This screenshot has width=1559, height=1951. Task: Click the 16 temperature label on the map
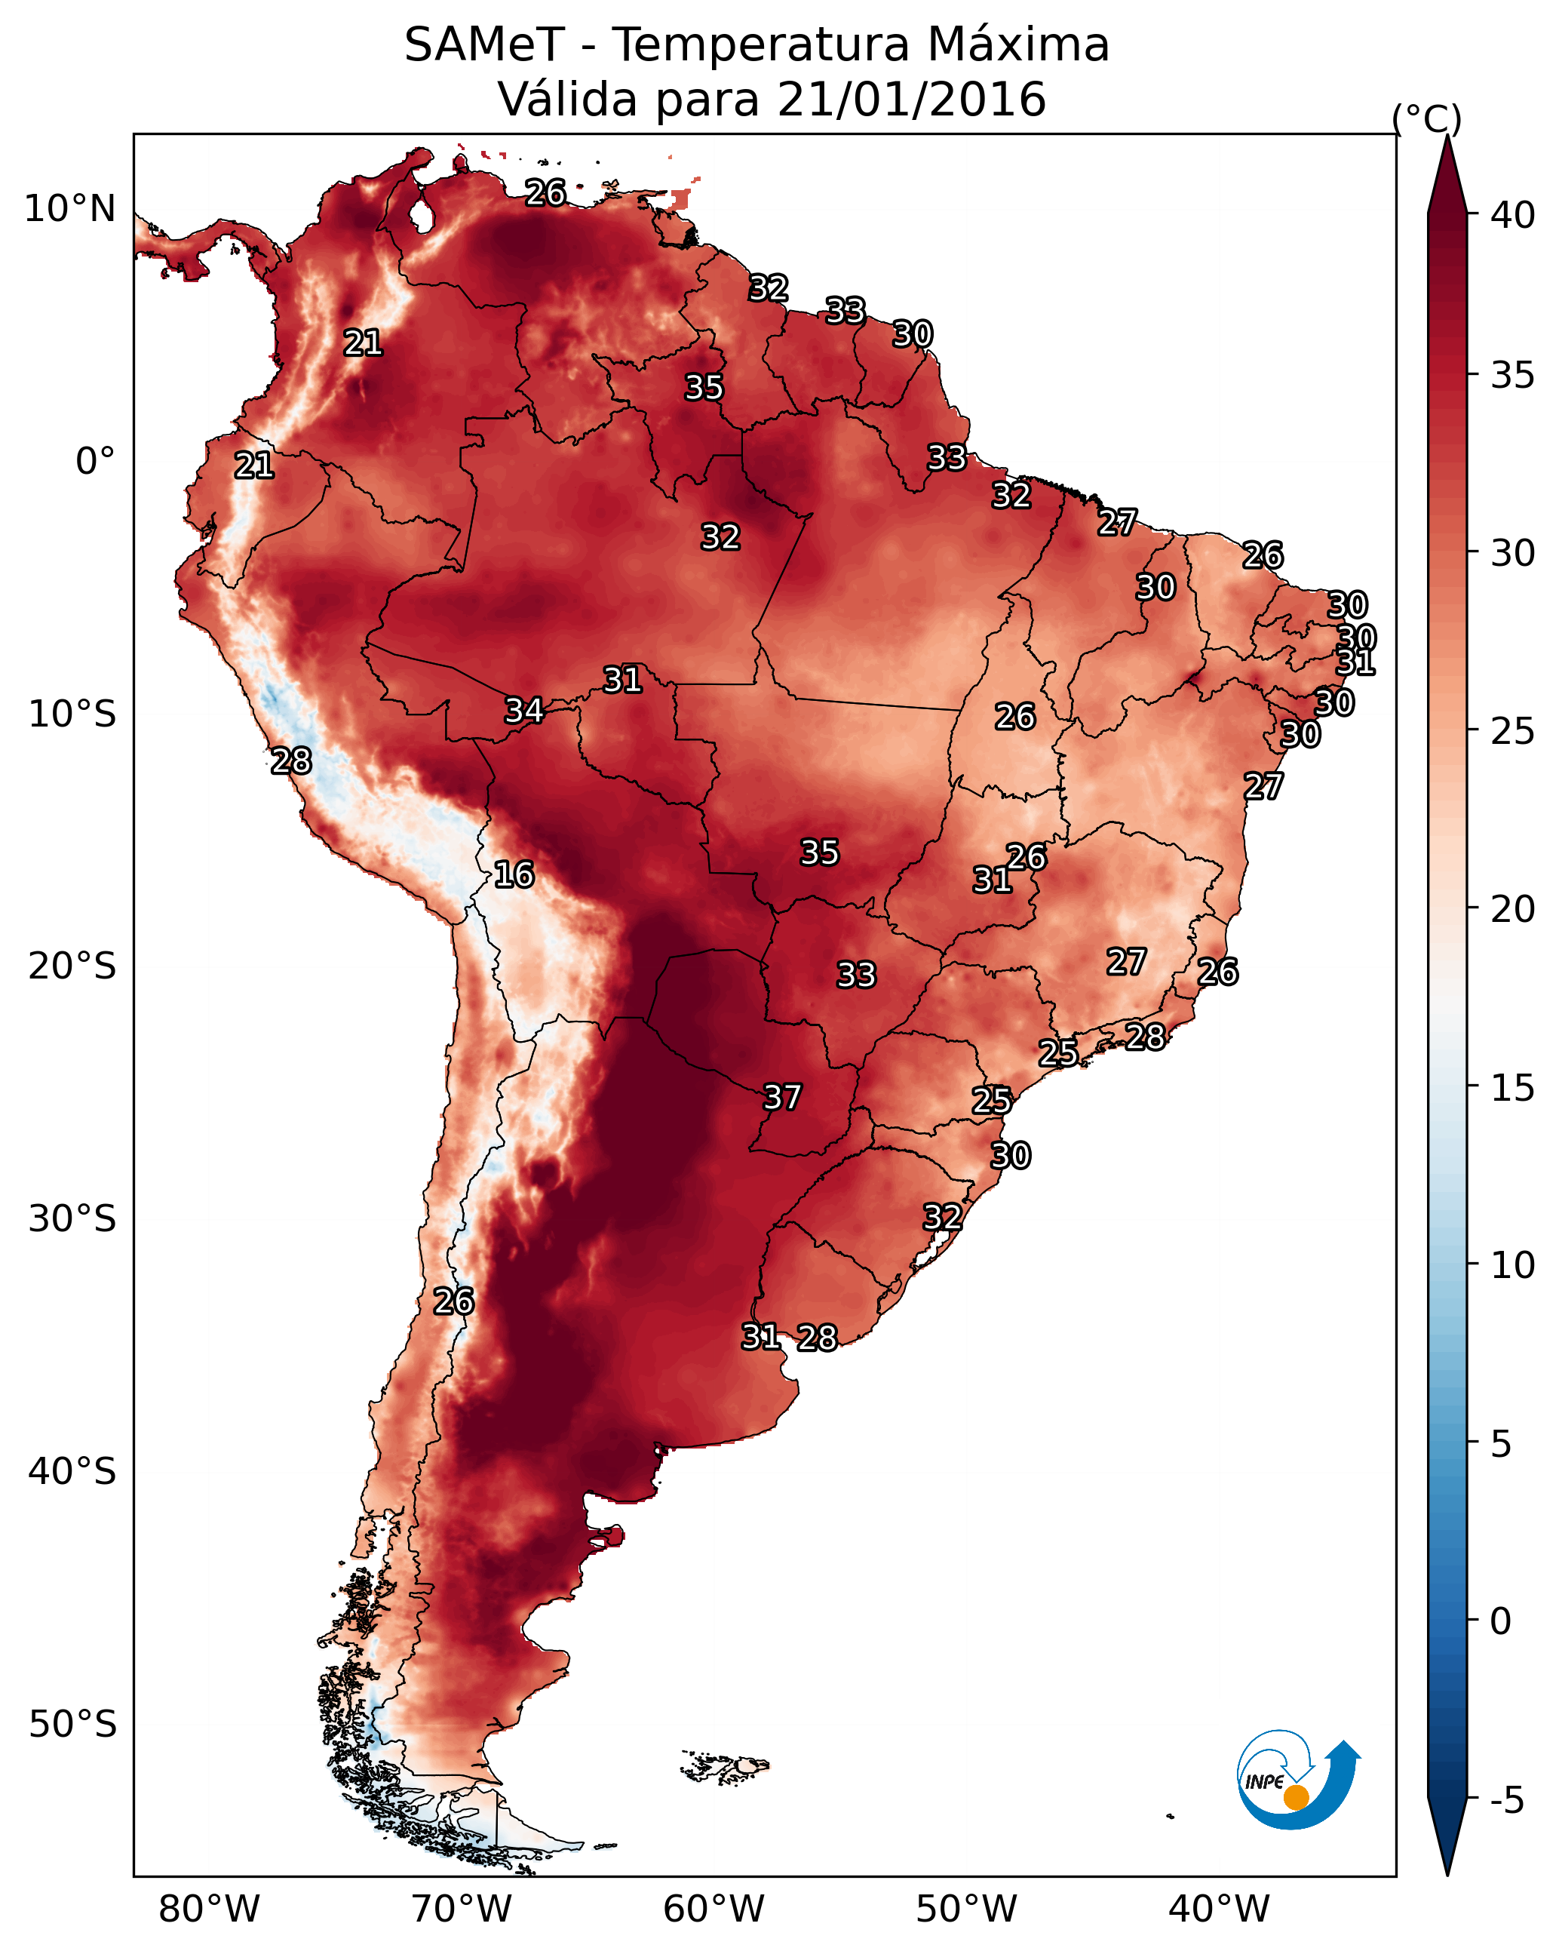click(x=514, y=875)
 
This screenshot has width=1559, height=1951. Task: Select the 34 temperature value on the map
click(x=524, y=711)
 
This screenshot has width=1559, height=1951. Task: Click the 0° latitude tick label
click(x=95, y=462)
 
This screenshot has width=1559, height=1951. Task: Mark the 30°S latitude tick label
click(x=72, y=1219)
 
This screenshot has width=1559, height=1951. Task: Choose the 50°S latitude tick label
click(x=72, y=1724)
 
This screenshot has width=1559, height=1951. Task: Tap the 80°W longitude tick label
click(x=209, y=1909)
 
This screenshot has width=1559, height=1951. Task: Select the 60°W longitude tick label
click(x=714, y=1909)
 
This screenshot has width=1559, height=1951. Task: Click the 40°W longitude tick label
click(x=1219, y=1909)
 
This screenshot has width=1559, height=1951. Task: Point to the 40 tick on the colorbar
click(x=1512, y=215)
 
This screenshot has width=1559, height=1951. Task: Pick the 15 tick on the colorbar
click(x=1512, y=1088)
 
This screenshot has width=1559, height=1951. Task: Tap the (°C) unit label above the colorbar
click(x=1427, y=118)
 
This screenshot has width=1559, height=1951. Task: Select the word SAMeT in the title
click(x=484, y=45)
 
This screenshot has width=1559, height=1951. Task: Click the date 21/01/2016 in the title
click(x=911, y=100)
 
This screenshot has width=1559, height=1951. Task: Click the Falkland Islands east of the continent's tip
click(x=726, y=1765)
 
